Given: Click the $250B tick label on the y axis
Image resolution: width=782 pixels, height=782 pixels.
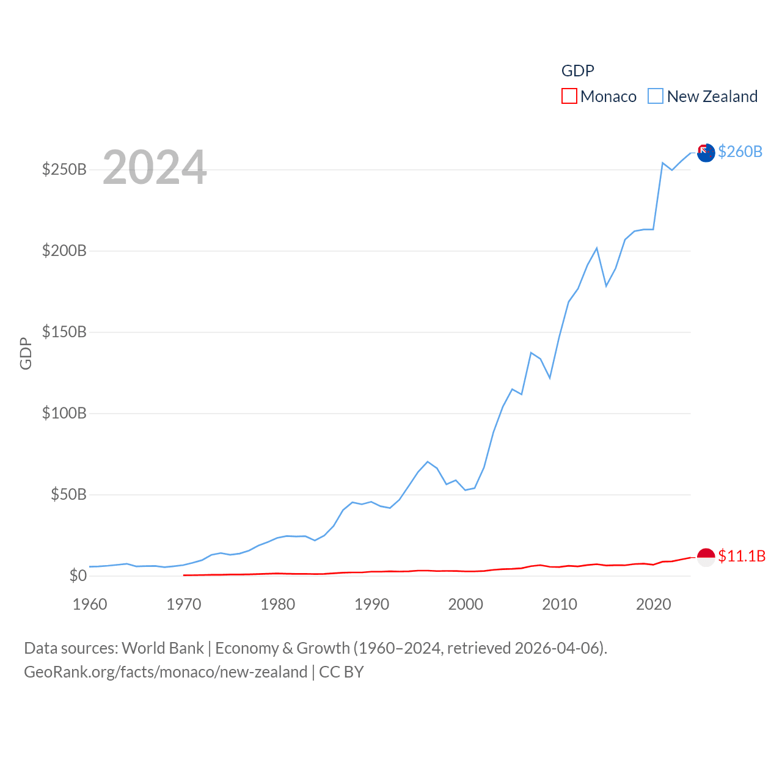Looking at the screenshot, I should click(64, 169).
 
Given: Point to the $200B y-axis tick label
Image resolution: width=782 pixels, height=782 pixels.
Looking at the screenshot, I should click(64, 250).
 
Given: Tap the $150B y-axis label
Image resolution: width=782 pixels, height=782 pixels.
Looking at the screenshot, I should click(64, 332).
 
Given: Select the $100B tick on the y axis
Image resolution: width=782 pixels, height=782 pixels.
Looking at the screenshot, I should click(64, 413).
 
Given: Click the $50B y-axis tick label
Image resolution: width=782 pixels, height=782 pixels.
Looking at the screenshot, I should click(68, 494).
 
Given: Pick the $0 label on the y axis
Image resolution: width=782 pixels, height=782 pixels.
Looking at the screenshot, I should click(78, 576).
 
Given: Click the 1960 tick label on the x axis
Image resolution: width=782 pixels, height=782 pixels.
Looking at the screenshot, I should click(90, 604).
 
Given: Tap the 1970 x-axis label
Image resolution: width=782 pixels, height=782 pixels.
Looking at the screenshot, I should click(184, 604).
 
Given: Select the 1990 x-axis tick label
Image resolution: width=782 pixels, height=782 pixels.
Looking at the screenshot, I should click(371, 604).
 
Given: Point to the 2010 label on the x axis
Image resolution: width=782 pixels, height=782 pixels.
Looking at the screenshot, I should click(560, 604).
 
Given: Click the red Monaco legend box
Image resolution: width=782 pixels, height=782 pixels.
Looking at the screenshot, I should click(569, 96).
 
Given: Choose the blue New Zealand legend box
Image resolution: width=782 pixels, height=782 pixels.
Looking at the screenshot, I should click(656, 96).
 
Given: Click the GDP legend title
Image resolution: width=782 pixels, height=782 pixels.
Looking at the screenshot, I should click(578, 71).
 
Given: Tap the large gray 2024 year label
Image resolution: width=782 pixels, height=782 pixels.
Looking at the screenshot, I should click(155, 167).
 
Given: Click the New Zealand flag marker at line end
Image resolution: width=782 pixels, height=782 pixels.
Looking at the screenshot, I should click(706, 153).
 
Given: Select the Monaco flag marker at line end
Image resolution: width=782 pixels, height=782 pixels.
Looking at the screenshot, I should click(706, 557).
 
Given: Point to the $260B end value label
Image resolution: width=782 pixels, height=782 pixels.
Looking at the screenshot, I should click(740, 152).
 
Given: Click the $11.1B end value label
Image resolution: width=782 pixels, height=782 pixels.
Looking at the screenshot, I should click(742, 556).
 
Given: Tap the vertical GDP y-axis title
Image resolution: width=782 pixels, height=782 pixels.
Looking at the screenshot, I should click(26, 353).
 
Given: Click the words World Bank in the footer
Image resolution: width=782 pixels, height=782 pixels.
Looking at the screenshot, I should click(163, 648).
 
